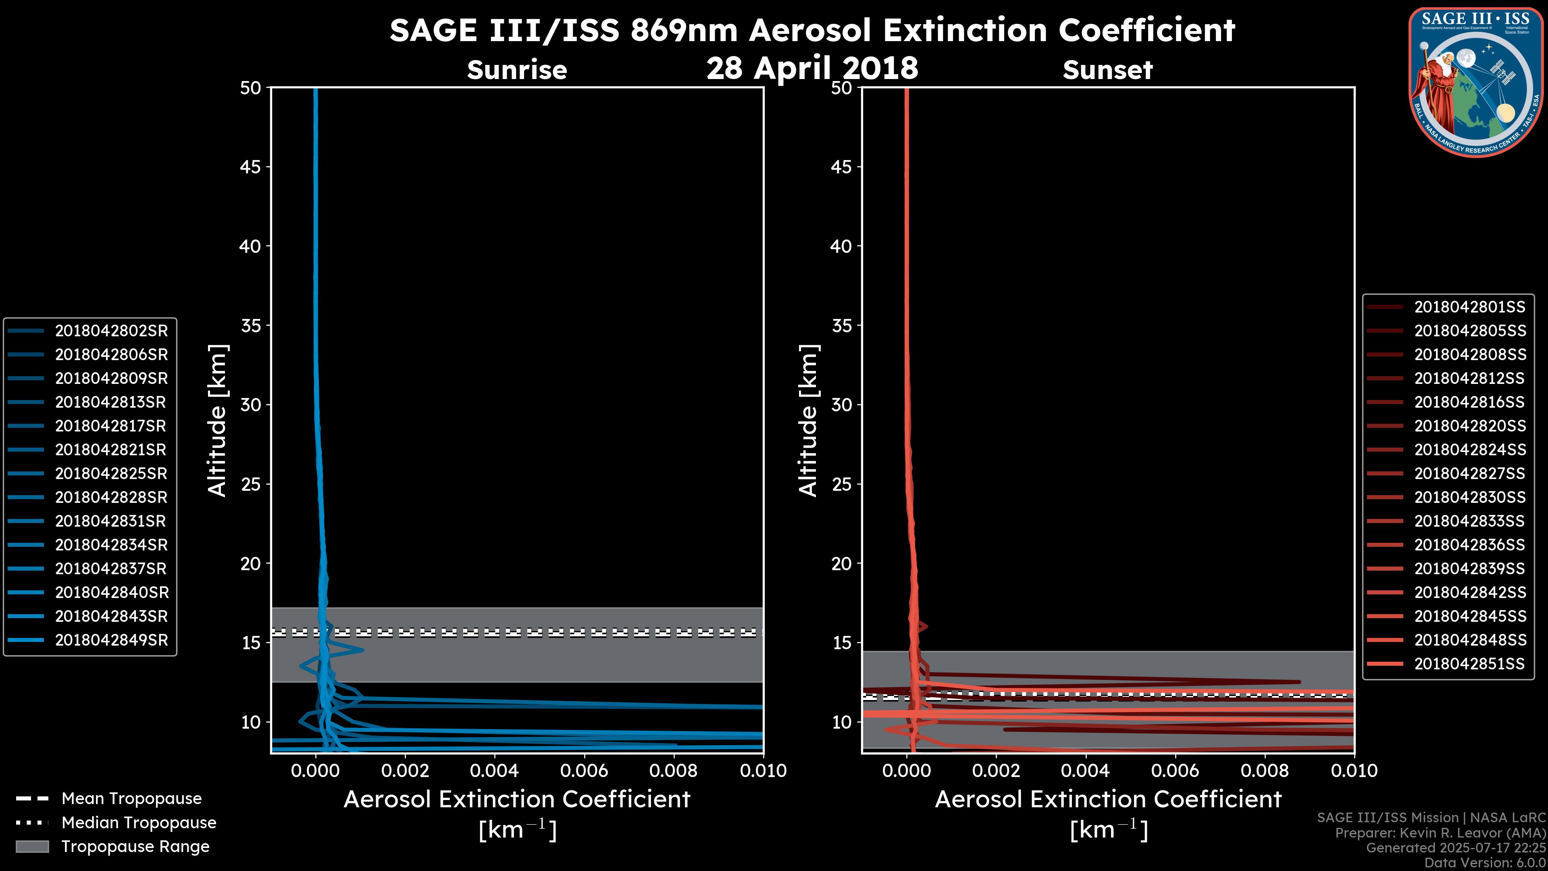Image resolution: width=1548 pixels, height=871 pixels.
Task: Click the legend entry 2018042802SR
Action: coord(111,331)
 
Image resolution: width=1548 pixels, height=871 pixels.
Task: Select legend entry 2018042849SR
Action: coord(111,640)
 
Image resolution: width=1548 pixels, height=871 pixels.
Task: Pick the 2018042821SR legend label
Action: coord(111,450)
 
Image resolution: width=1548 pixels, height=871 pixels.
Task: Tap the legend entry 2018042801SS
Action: coord(1469,307)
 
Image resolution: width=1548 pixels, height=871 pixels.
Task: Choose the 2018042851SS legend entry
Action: coord(1469,664)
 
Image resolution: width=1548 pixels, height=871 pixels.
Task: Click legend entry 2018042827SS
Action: coord(1469,474)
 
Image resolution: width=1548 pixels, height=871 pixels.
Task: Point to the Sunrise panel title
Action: coord(517,70)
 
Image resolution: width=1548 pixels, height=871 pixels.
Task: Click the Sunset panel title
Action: coord(1107,70)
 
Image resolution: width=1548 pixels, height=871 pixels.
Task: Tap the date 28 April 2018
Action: coord(812,67)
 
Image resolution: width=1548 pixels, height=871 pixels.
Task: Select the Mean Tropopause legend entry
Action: coord(131,798)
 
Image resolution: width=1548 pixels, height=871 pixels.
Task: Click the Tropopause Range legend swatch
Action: coord(32,846)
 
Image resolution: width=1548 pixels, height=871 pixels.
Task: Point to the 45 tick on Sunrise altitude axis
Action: coord(251,167)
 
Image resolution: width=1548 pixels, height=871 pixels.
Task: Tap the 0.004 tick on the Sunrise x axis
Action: coord(495,771)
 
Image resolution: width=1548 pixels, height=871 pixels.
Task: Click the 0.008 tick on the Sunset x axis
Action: coord(1265,771)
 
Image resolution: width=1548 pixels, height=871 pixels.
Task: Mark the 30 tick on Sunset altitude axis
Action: coord(841,404)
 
